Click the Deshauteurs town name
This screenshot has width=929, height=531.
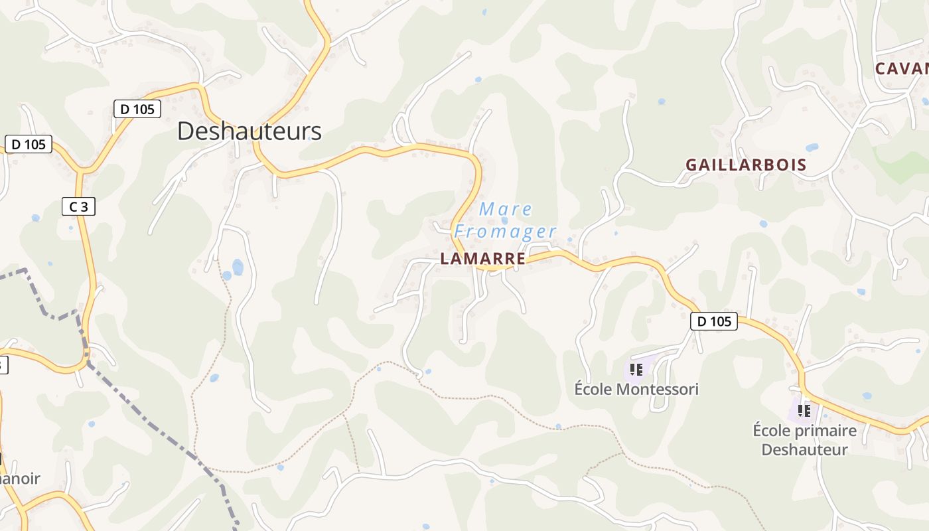pos(249,131)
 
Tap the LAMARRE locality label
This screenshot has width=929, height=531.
pos(483,259)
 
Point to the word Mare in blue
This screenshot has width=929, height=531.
pos(506,209)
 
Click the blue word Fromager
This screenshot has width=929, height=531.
pos(505,232)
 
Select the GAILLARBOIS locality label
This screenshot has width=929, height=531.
pos(746,165)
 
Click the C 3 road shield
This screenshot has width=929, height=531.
pos(78,207)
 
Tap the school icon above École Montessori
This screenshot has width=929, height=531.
pos(636,370)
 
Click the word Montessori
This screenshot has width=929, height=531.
pos(658,390)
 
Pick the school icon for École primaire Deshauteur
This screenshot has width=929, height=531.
pos(804,411)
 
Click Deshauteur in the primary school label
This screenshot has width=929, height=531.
pos(804,450)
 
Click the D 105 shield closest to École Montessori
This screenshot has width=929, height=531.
pos(714,322)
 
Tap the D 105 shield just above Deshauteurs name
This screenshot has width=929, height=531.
pos(137,110)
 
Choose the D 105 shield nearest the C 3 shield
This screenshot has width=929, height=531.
pos(28,144)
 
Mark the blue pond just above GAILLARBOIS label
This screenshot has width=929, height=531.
pos(812,147)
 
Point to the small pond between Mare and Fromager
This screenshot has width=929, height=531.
pos(504,220)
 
